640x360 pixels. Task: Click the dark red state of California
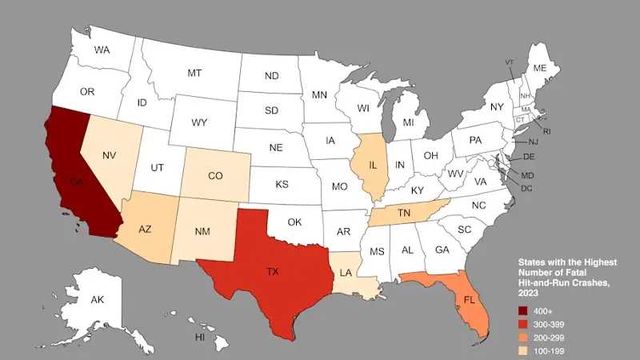point(76,176)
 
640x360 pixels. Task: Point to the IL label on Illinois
point(373,166)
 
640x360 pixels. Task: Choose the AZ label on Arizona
point(145,229)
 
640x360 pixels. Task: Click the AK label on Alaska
point(98,300)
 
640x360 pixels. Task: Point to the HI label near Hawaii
point(201,338)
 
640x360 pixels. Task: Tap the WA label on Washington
point(102,50)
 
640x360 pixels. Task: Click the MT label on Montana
point(194,73)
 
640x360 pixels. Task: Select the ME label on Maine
point(539,68)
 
